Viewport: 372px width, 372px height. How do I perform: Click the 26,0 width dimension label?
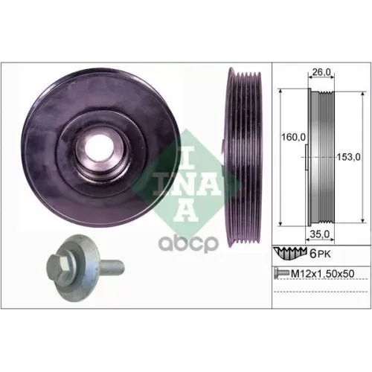pyautogui.click(x=321, y=72)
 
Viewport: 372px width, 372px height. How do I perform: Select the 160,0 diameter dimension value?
pyautogui.click(x=293, y=137)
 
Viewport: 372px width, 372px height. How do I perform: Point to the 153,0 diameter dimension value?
pyautogui.click(x=348, y=157)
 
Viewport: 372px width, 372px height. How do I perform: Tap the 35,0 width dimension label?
pyautogui.click(x=319, y=234)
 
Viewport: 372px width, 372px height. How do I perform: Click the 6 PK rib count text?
pyautogui.click(x=321, y=254)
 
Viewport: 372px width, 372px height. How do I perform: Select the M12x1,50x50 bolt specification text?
pyautogui.click(x=322, y=274)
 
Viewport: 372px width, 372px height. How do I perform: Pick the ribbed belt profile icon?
pyautogui.click(x=289, y=254)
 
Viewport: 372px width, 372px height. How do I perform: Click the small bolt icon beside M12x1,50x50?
pyautogui.click(x=281, y=274)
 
